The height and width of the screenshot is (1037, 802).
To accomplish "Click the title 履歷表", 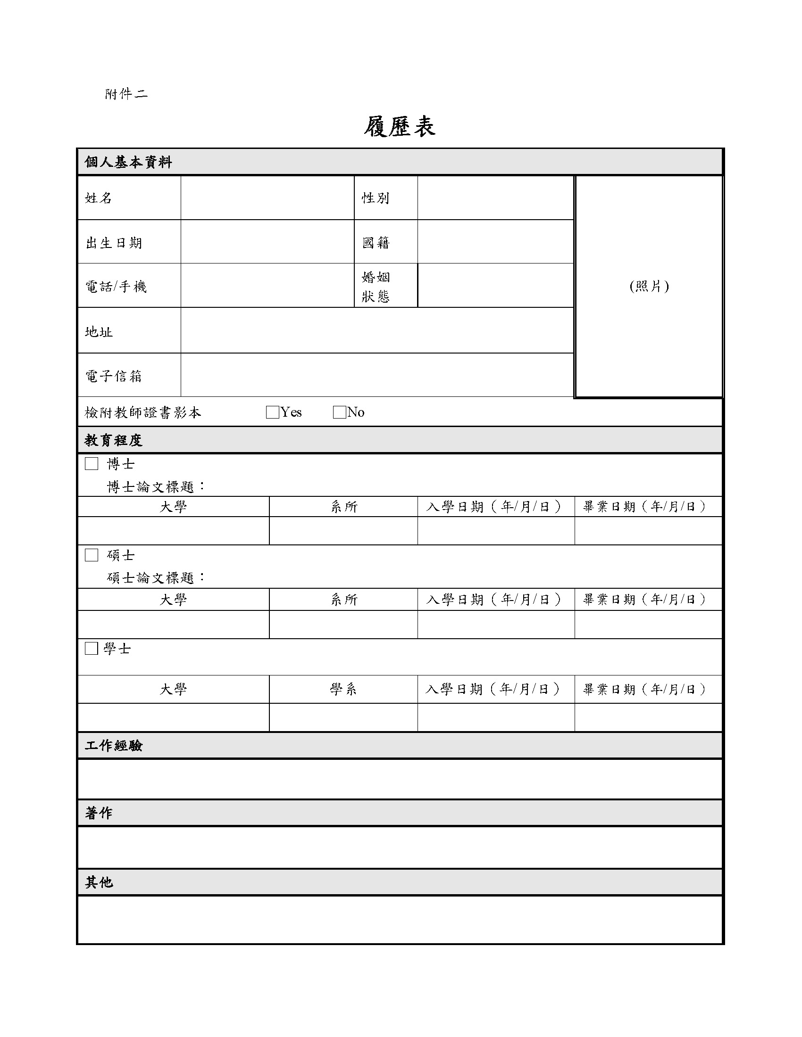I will (400, 127).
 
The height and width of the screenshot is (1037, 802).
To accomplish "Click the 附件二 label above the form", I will (126, 94).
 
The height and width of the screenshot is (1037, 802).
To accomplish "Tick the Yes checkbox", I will (273, 412).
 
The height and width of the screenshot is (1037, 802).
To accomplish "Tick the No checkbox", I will (339, 412).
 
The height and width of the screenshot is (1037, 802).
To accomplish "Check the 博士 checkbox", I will (91, 463).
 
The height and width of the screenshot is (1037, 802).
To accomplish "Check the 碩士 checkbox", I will (91, 555).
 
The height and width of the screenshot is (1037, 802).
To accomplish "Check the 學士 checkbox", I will (91, 648).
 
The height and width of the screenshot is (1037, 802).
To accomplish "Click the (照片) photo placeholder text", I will (649, 286).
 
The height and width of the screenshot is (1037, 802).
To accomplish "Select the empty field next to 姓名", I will (267, 198).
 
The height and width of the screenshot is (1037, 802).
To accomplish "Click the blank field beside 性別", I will (495, 198).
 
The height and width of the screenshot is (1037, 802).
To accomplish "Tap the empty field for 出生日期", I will (267, 242).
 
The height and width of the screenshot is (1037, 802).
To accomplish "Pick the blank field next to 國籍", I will (495, 242).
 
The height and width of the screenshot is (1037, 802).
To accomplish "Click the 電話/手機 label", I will (116, 286).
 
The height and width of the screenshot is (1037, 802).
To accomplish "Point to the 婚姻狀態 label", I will (376, 286).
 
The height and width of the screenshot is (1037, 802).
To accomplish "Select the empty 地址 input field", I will (377, 330).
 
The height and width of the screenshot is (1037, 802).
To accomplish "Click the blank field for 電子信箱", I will (377, 375).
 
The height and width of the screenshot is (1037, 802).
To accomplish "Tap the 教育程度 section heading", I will (114, 440).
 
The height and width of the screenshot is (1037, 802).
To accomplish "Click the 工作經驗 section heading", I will (114, 746).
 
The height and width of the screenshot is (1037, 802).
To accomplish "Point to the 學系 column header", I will (343, 689).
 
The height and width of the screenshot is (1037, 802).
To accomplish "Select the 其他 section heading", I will (99, 882).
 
